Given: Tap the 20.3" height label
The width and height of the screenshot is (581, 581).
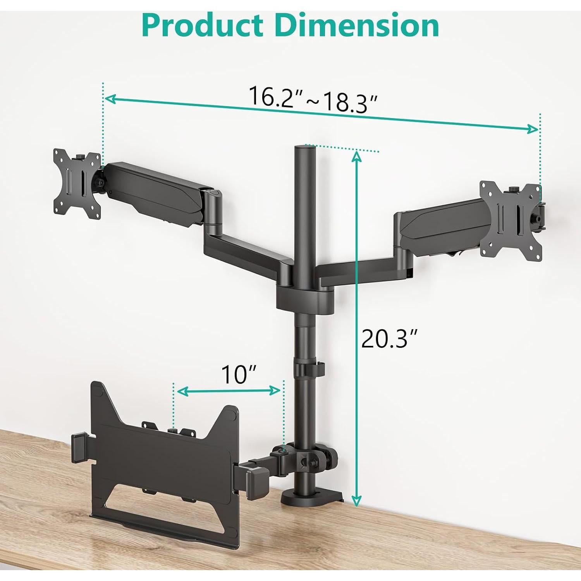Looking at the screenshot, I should click(x=389, y=339).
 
